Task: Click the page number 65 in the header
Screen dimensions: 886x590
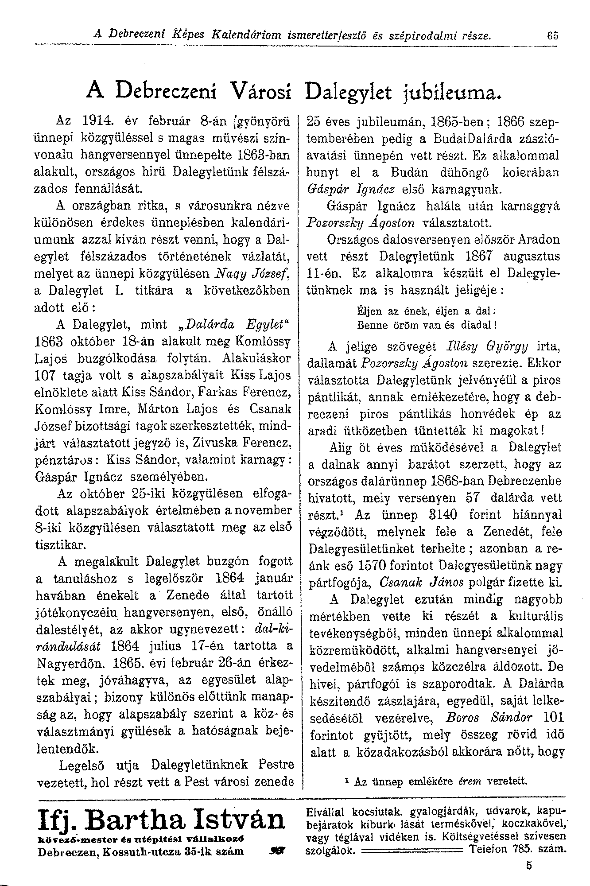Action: [x=552, y=34]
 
